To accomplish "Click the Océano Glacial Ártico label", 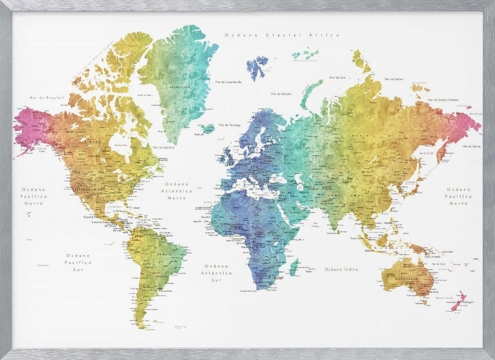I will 282,35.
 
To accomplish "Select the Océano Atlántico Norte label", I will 177,191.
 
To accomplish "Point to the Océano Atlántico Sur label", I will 216,273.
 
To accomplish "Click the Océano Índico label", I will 341,269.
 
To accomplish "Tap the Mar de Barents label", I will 281,93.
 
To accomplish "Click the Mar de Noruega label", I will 229,125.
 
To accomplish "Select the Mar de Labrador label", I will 164,147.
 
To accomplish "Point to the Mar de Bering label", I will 472,147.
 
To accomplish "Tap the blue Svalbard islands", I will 257,67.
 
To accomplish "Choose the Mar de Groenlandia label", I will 231,82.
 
